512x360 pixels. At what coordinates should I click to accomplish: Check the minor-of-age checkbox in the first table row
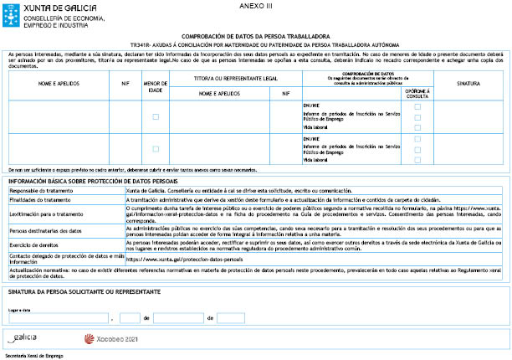pyautogui.click(x=156, y=116)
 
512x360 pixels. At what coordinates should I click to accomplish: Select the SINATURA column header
pyautogui.click(x=474, y=84)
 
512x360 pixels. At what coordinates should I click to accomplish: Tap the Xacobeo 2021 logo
pyautogui.click(x=111, y=339)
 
